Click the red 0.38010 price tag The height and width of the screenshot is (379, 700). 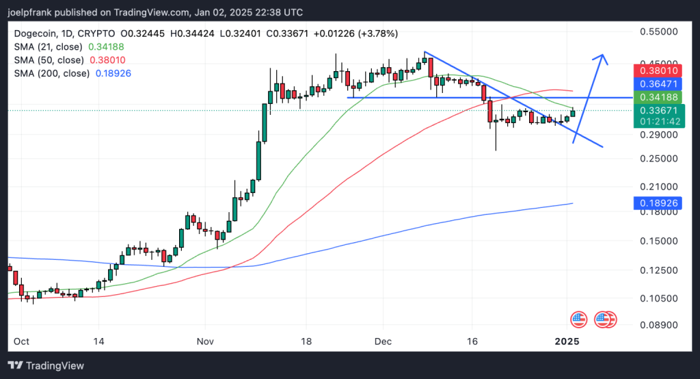659,70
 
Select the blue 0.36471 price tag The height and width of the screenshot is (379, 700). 659,83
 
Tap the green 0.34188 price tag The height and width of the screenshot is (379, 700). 659,97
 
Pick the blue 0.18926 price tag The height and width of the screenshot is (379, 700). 659,203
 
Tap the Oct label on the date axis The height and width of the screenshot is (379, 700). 21,341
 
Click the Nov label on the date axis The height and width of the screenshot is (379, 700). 205,341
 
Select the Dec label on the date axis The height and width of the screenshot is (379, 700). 383,341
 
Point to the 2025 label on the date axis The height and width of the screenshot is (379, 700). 567,341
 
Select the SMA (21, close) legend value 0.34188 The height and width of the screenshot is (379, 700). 107,47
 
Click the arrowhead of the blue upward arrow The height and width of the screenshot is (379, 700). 602,57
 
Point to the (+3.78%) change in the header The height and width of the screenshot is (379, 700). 375,34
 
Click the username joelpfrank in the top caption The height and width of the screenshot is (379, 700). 31,12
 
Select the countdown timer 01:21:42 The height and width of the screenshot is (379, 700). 659,121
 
